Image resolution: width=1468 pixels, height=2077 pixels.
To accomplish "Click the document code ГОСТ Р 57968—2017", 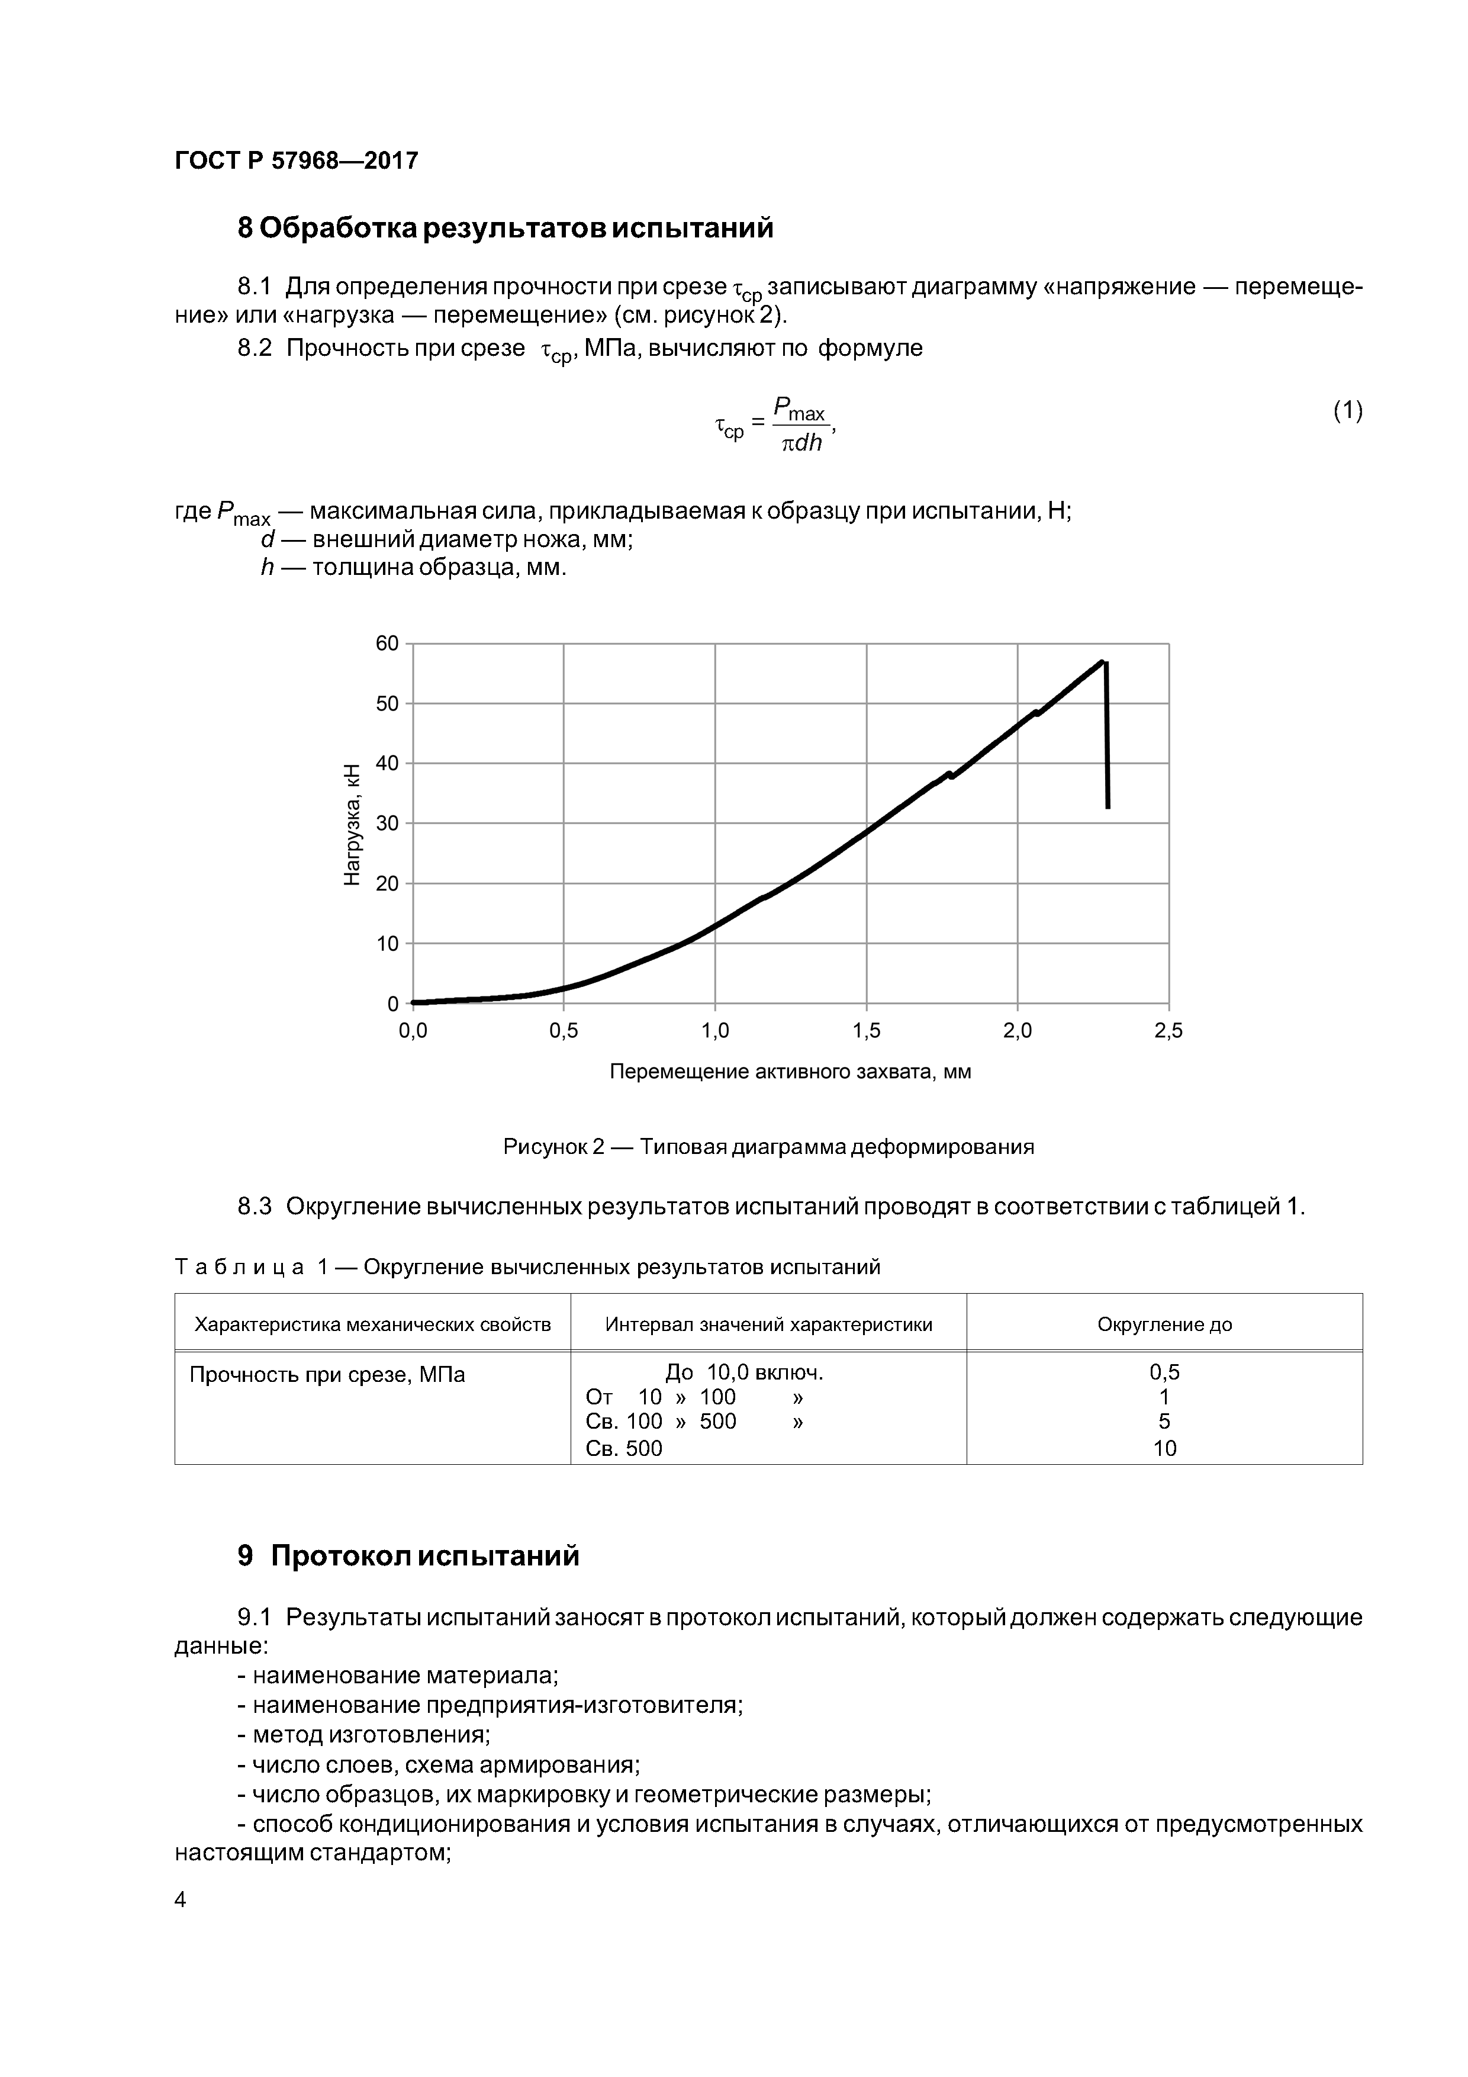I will pos(296,161).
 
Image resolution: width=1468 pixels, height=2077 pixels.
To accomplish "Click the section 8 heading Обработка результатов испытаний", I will pos(505,228).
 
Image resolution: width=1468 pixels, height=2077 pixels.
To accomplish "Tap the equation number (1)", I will pos(1347,411).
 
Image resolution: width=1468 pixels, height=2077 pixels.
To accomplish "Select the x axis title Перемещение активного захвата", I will pos(790,1072).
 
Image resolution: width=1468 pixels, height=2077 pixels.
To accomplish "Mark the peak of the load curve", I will pos(1103,661).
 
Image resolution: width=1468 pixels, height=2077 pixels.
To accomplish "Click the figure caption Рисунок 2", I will pos(768,1147).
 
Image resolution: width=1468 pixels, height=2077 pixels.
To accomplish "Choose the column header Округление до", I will pos(1164,1324).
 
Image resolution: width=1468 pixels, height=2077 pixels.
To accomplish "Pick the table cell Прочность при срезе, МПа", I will pos(327,1375).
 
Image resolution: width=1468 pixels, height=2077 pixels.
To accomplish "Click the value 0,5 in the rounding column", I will pos(1164,1372).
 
